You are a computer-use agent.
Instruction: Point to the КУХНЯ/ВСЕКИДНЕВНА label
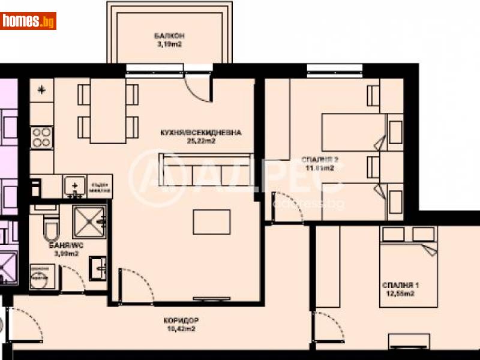[195, 133]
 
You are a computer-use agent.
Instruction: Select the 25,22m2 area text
[195, 142]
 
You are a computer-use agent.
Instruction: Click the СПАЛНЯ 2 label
[320, 160]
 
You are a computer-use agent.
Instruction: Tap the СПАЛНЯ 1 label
[399, 284]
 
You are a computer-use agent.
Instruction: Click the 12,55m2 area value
[399, 293]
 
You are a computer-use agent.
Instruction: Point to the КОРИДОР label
[181, 320]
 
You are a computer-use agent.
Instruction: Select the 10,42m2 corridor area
[181, 329]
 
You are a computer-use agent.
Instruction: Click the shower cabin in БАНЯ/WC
[88, 223]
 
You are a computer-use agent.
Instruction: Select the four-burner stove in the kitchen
[42, 138]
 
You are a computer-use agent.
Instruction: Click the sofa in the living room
[204, 170]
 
